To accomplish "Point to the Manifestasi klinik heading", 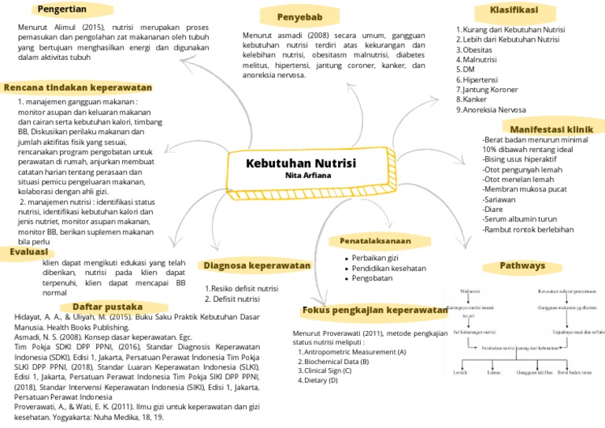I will (551, 128).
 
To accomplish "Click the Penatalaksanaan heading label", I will (375, 240).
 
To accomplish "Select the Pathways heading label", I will (521, 266).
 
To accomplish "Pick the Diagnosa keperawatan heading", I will (256, 266).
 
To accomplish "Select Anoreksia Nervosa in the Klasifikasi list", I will (494, 110).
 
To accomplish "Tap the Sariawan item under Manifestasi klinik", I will (499, 200).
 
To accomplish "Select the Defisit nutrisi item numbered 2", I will (236, 300).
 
